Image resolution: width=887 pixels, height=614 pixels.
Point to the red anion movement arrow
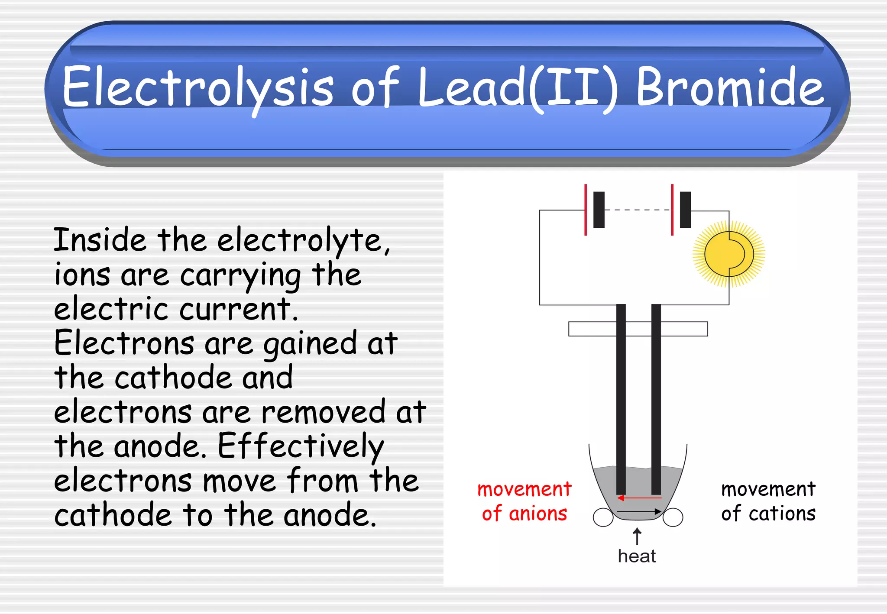coord(639,498)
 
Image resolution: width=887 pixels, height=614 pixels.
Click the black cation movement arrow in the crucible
coord(639,512)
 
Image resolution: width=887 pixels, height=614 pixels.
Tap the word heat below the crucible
coord(637,556)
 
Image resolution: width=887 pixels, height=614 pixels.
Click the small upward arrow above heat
coord(637,536)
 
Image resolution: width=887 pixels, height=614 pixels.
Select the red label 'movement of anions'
coord(524,501)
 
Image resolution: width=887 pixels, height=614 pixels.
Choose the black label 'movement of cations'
coord(768,501)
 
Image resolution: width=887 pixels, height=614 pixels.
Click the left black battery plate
coord(599,210)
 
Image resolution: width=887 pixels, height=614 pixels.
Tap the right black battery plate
coord(686,210)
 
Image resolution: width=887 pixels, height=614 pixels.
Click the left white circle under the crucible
coord(603,517)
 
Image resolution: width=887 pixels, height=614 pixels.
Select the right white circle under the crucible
coord(673,517)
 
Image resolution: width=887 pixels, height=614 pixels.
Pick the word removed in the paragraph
coord(323,412)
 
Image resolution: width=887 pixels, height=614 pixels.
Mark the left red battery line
coord(586,210)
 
